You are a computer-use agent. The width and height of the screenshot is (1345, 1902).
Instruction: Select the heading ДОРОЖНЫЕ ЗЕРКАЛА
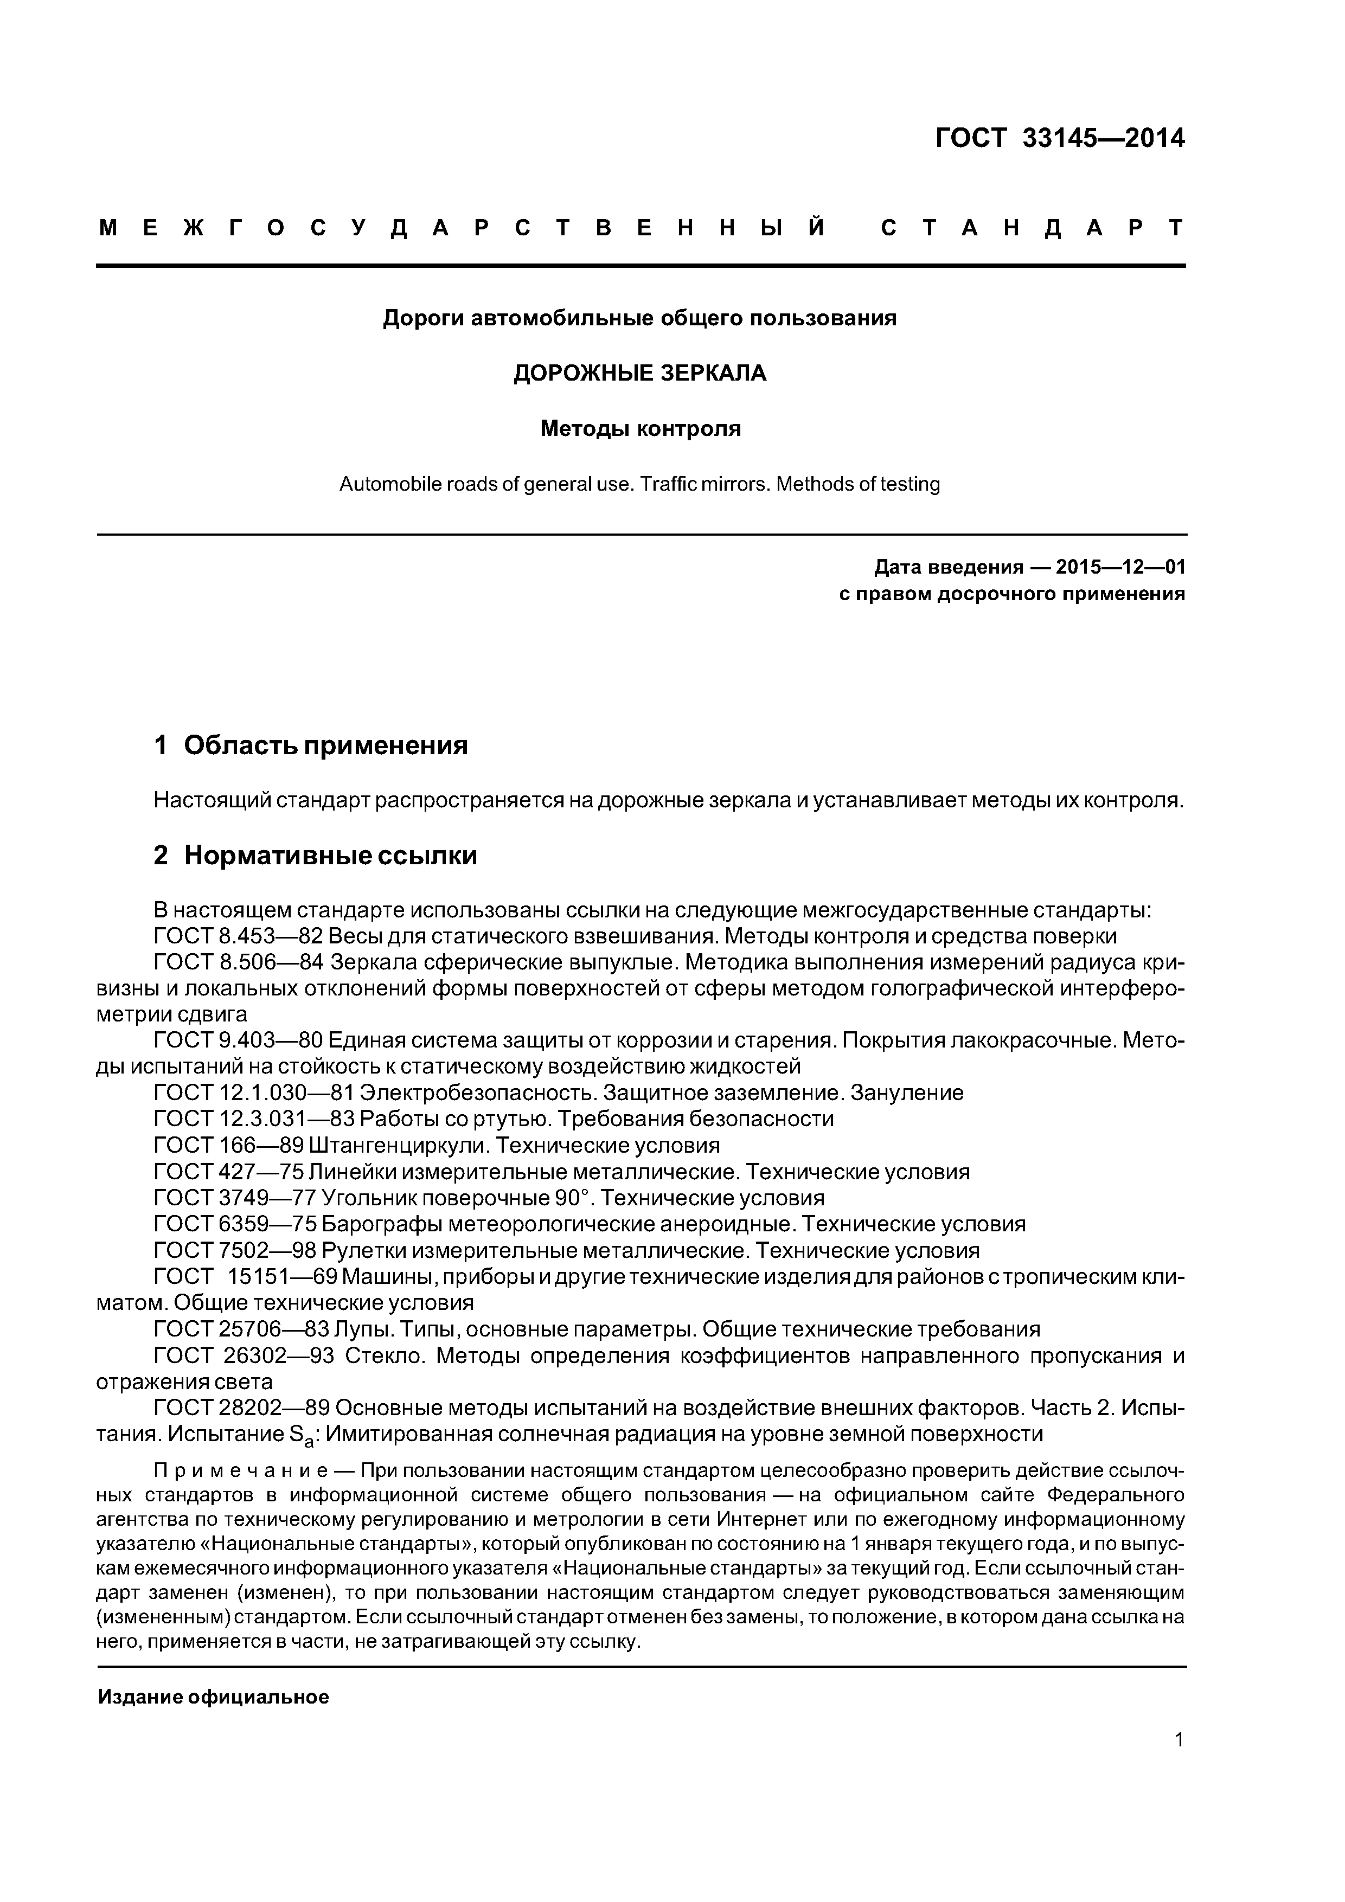click(x=640, y=374)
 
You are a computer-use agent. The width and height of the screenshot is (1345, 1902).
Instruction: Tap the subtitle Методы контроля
click(x=640, y=429)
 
